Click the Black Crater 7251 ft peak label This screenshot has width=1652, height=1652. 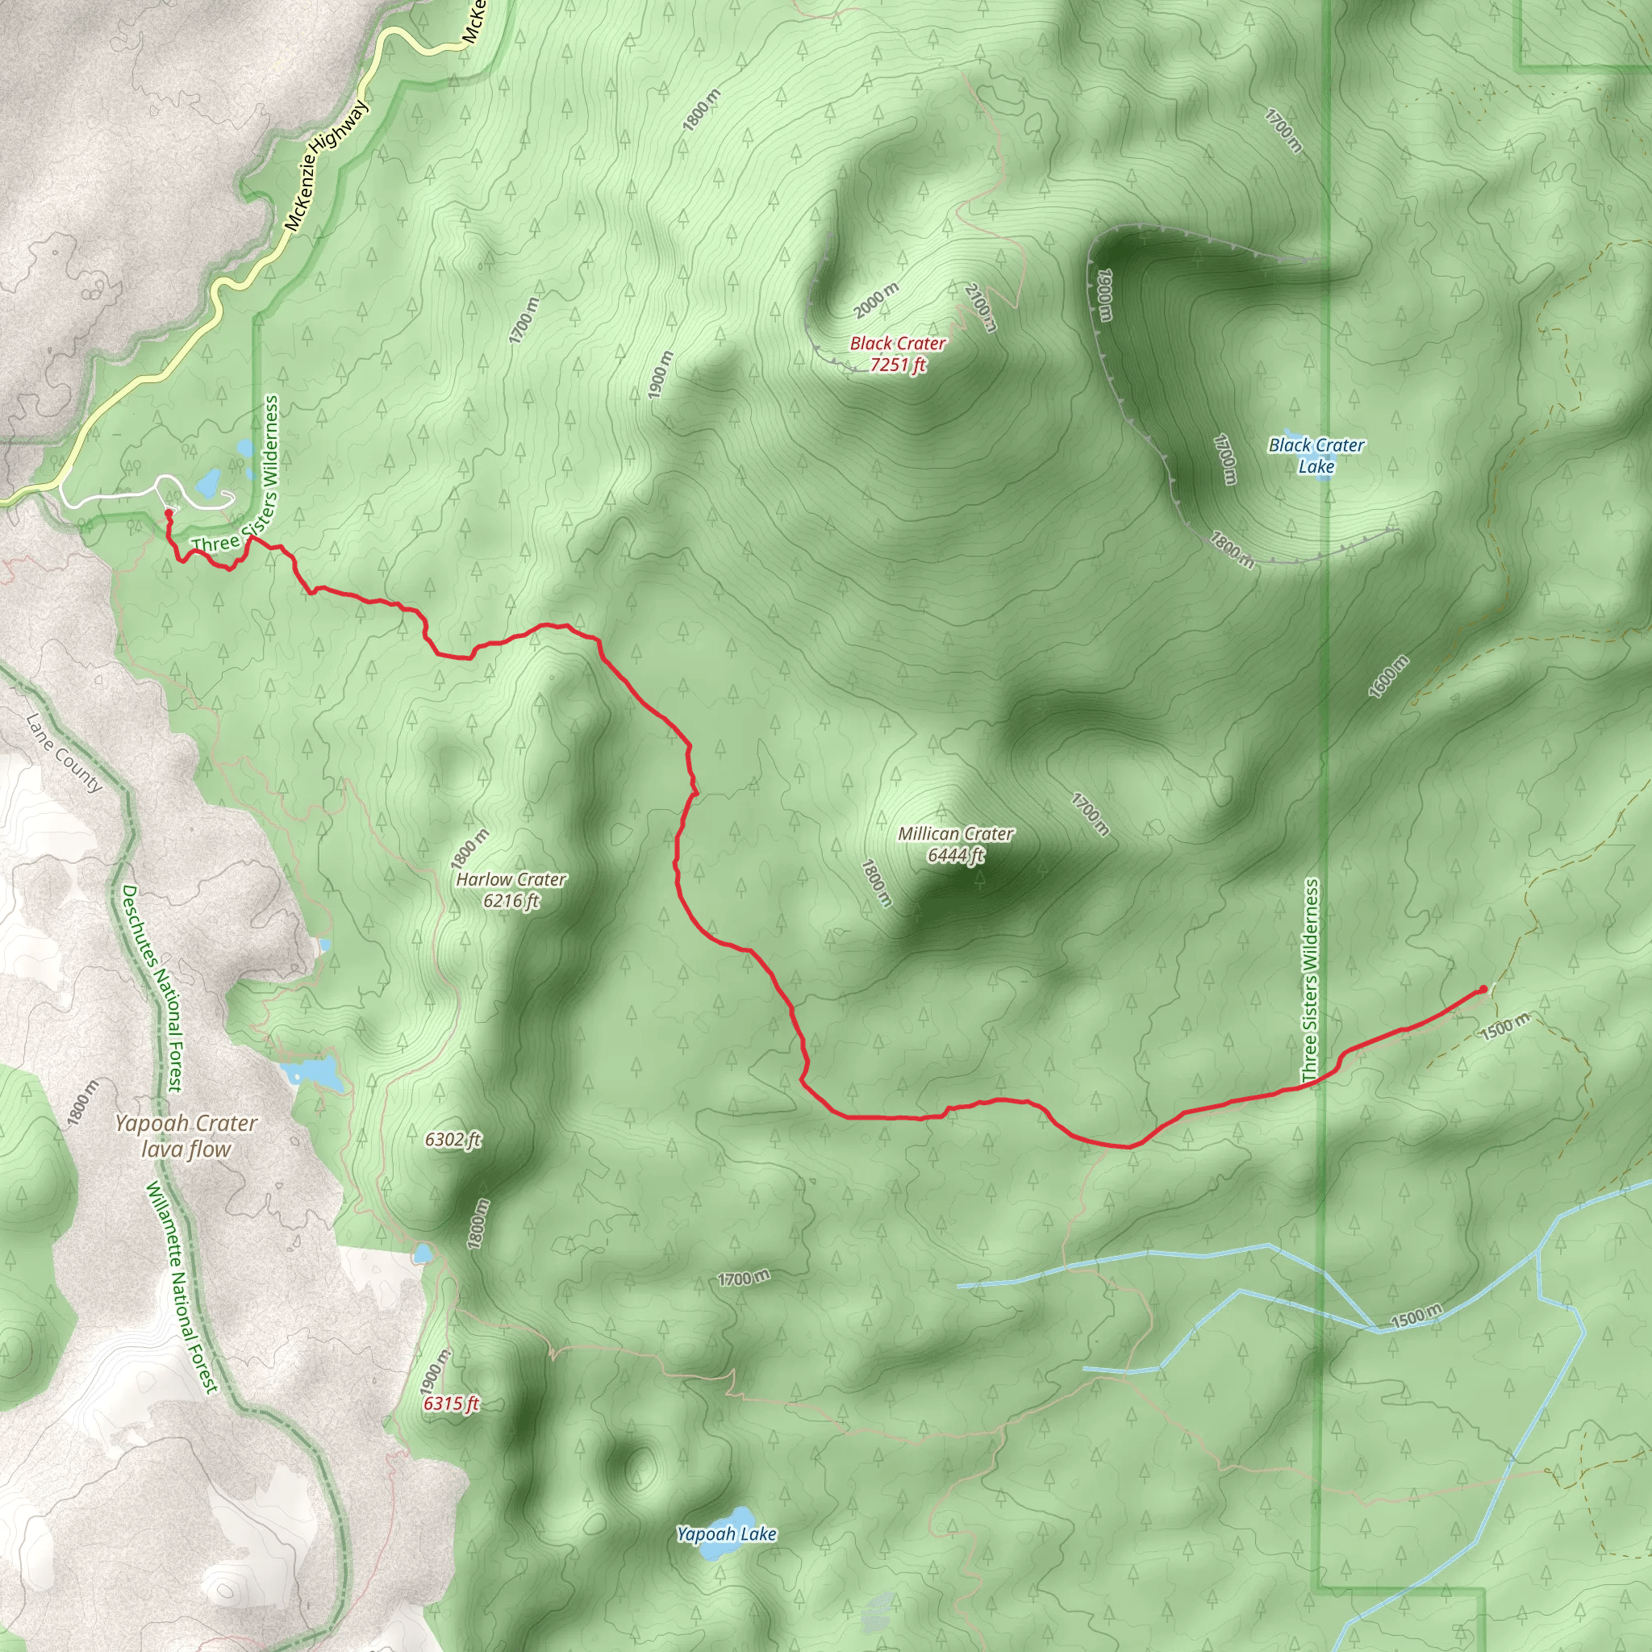897,354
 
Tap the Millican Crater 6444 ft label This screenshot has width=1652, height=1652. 955,844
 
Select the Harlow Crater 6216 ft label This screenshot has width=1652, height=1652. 511,889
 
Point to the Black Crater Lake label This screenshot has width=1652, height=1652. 1316,455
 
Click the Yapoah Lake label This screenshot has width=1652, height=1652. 726,1533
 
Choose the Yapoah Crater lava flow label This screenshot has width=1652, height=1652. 186,1136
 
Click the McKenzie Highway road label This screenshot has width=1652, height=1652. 326,166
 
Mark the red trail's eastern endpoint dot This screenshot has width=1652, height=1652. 1483,989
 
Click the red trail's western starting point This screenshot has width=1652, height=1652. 169,513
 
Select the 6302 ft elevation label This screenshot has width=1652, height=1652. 453,1139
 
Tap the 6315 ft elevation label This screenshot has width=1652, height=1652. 452,1404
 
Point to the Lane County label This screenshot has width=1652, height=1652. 65,753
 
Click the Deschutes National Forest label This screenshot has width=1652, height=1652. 152,987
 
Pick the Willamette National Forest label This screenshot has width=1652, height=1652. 182,1287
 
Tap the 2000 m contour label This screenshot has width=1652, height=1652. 877,299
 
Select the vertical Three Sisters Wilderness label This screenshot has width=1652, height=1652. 1310,981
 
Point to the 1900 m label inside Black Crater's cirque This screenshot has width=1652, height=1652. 1105,295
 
